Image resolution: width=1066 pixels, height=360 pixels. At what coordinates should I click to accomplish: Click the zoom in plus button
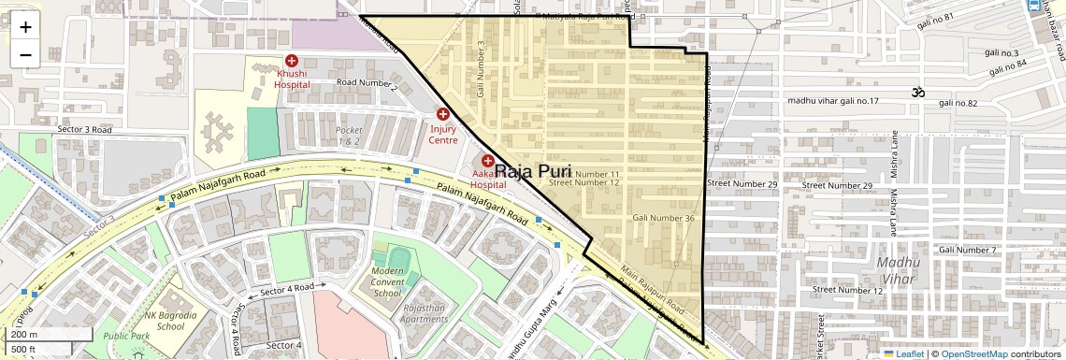tap(25, 26)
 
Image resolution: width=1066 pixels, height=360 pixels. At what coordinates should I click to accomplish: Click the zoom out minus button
tap(25, 54)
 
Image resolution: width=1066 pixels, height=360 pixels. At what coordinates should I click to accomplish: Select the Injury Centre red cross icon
tap(443, 114)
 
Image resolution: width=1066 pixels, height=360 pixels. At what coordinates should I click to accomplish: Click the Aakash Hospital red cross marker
tap(487, 161)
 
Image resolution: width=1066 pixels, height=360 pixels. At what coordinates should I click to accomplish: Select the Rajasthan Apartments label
tap(425, 312)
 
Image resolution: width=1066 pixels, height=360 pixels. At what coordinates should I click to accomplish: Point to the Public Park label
tap(127, 336)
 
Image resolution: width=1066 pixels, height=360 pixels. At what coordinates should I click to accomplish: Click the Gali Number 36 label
tap(663, 218)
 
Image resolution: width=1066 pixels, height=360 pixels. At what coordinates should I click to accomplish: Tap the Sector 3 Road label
tap(84, 130)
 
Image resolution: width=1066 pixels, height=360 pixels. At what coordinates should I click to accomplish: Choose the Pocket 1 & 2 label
tap(349, 136)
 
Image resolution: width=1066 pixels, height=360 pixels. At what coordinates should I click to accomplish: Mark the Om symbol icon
tap(918, 92)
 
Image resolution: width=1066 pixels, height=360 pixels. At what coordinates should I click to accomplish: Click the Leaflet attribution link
tap(904, 353)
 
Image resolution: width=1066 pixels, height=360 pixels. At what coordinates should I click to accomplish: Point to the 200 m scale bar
tap(47, 334)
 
